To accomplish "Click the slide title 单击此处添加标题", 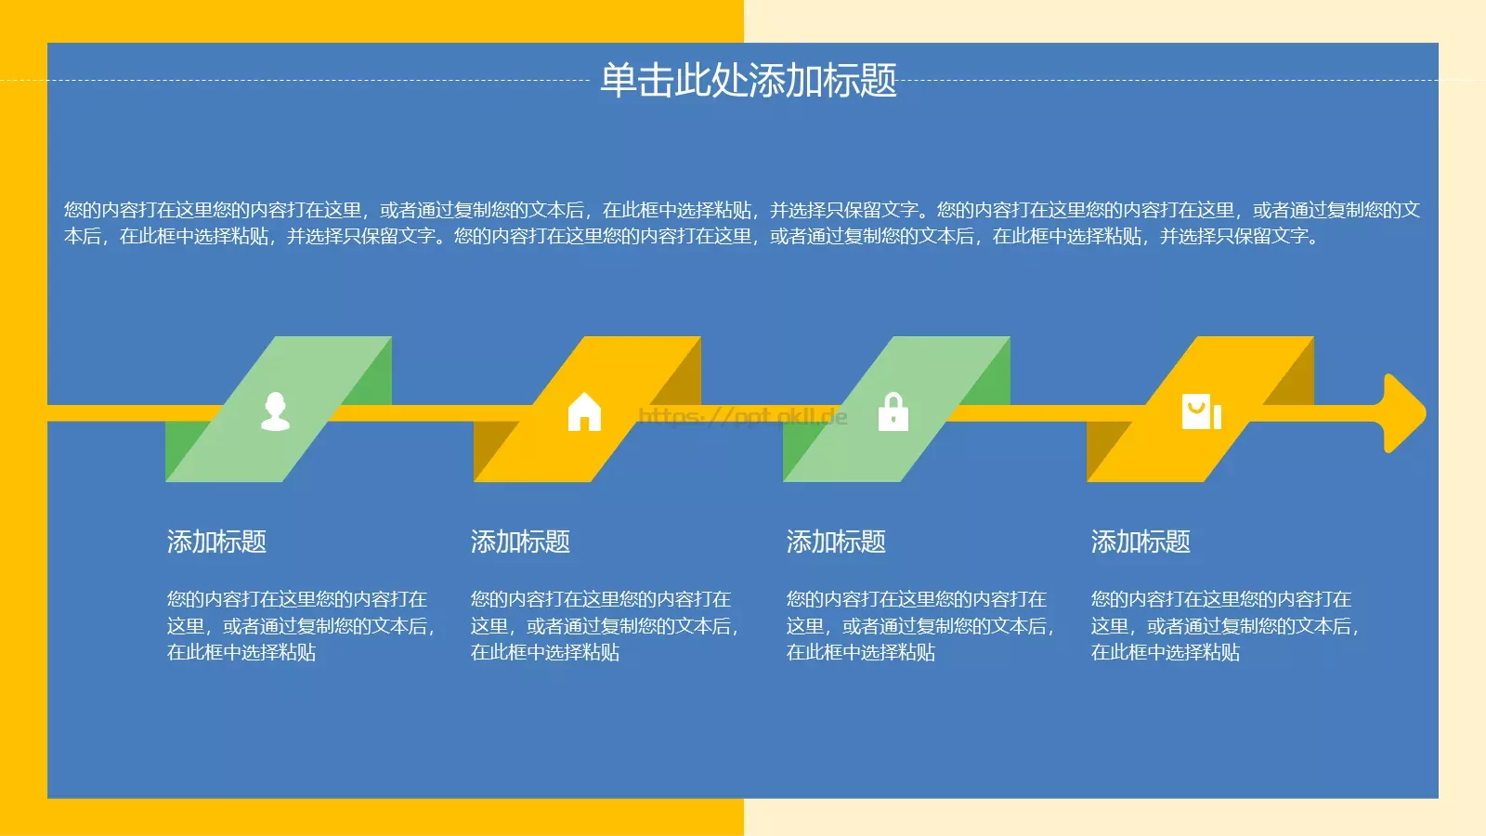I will pyautogui.click(x=748, y=81).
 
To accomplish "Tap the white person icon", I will pyautogui.click(x=275, y=411).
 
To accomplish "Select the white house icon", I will pyautogui.click(x=584, y=411).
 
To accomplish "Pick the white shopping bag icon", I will pyautogui.click(x=1200, y=411).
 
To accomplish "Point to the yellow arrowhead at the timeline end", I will pyautogui.click(x=1402, y=412).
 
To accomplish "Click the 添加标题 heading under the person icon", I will pyautogui.click(x=216, y=542).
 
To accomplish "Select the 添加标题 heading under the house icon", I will pyautogui.click(x=520, y=542).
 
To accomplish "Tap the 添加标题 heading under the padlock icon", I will pyautogui.click(x=836, y=542).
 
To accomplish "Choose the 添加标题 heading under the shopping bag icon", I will pyautogui.click(x=1141, y=542).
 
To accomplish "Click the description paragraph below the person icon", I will pyautogui.click(x=300, y=625).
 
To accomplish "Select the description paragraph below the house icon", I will pyautogui.click(x=604, y=625).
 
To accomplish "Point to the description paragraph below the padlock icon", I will pyautogui.click(x=919, y=625).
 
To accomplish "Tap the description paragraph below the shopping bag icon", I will pyautogui.click(x=1224, y=625).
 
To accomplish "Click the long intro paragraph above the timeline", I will pyautogui.click(x=741, y=223).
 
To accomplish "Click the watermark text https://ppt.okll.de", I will pyautogui.click(x=743, y=416).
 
